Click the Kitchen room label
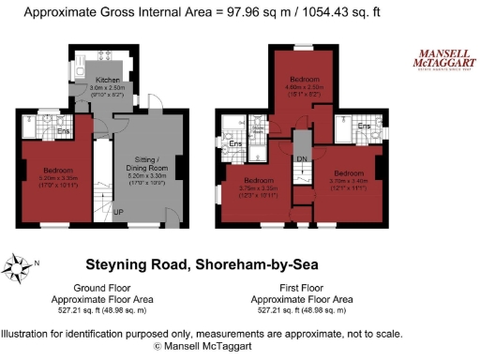click(x=108, y=82)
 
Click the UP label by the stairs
click(x=118, y=213)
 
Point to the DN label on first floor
click(x=302, y=159)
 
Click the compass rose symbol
click(x=17, y=268)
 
